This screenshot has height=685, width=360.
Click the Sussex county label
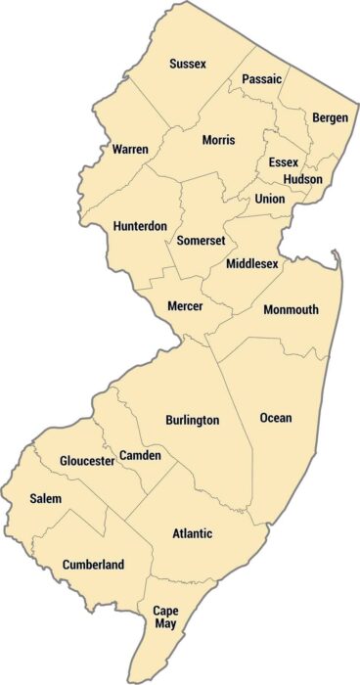tap(187, 64)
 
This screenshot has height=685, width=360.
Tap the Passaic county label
tap(261, 78)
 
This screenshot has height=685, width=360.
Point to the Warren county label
tap(130, 149)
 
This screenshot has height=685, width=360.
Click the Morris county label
tap(218, 140)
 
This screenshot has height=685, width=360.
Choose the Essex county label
tap(284, 162)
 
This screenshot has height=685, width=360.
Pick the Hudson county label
tap(303, 180)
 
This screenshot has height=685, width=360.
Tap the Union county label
tap(269, 199)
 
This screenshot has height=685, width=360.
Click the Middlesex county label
tap(252, 264)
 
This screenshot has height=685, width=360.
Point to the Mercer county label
tap(185, 306)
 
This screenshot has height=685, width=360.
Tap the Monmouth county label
tap(291, 309)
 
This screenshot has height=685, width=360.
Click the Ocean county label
tap(276, 418)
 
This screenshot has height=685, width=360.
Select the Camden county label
tap(140, 456)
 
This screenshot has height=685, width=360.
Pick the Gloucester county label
tap(87, 461)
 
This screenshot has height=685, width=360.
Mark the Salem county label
tap(45, 499)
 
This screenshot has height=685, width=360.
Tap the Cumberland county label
tap(93, 565)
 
